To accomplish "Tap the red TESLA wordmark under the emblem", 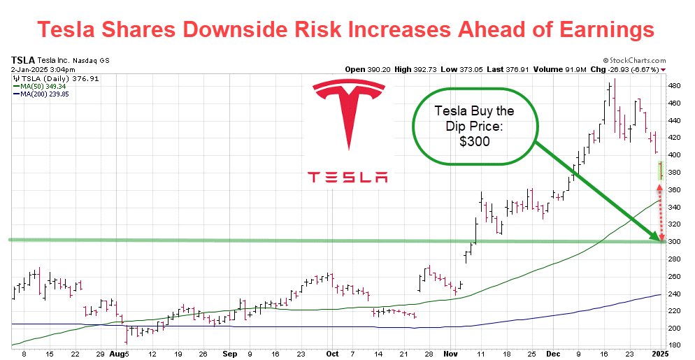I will [348, 177].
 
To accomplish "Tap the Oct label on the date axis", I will [333, 354].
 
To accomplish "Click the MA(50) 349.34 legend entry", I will [44, 87].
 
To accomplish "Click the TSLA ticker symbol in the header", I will [23, 61].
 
